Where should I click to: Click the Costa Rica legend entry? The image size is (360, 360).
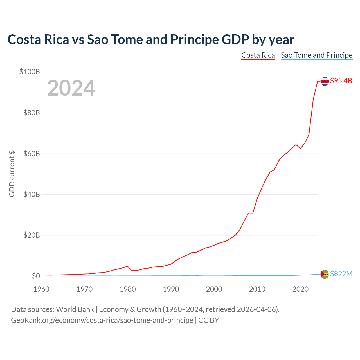(x=258, y=55)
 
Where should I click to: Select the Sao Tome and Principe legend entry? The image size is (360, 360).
(x=316, y=55)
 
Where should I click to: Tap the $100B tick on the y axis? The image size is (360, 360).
(x=30, y=72)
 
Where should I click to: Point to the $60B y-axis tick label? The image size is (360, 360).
(x=31, y=154)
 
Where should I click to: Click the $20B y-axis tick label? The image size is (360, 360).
(x=31, y=235)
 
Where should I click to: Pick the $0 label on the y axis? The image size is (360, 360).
(x=36, y=276)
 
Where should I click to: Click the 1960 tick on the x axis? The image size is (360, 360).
(x=41, y=289)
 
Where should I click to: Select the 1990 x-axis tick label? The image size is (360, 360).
(x=171, y=289)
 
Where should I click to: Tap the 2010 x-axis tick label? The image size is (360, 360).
(x=257, y=289)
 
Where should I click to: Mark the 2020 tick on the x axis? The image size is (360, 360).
(x=300, y=289)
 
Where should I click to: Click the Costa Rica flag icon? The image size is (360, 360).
(x=325, y=81)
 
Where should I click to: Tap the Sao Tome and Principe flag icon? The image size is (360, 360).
(x=325, y=274)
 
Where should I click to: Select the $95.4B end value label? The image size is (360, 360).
(x=341, y=81)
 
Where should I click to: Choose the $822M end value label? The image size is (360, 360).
(x=341, y=274)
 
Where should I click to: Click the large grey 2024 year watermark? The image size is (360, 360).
(x=71, y=88)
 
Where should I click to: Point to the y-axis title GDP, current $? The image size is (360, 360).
(x=12, y=174)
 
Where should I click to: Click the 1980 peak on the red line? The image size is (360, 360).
(x=128, y=266)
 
